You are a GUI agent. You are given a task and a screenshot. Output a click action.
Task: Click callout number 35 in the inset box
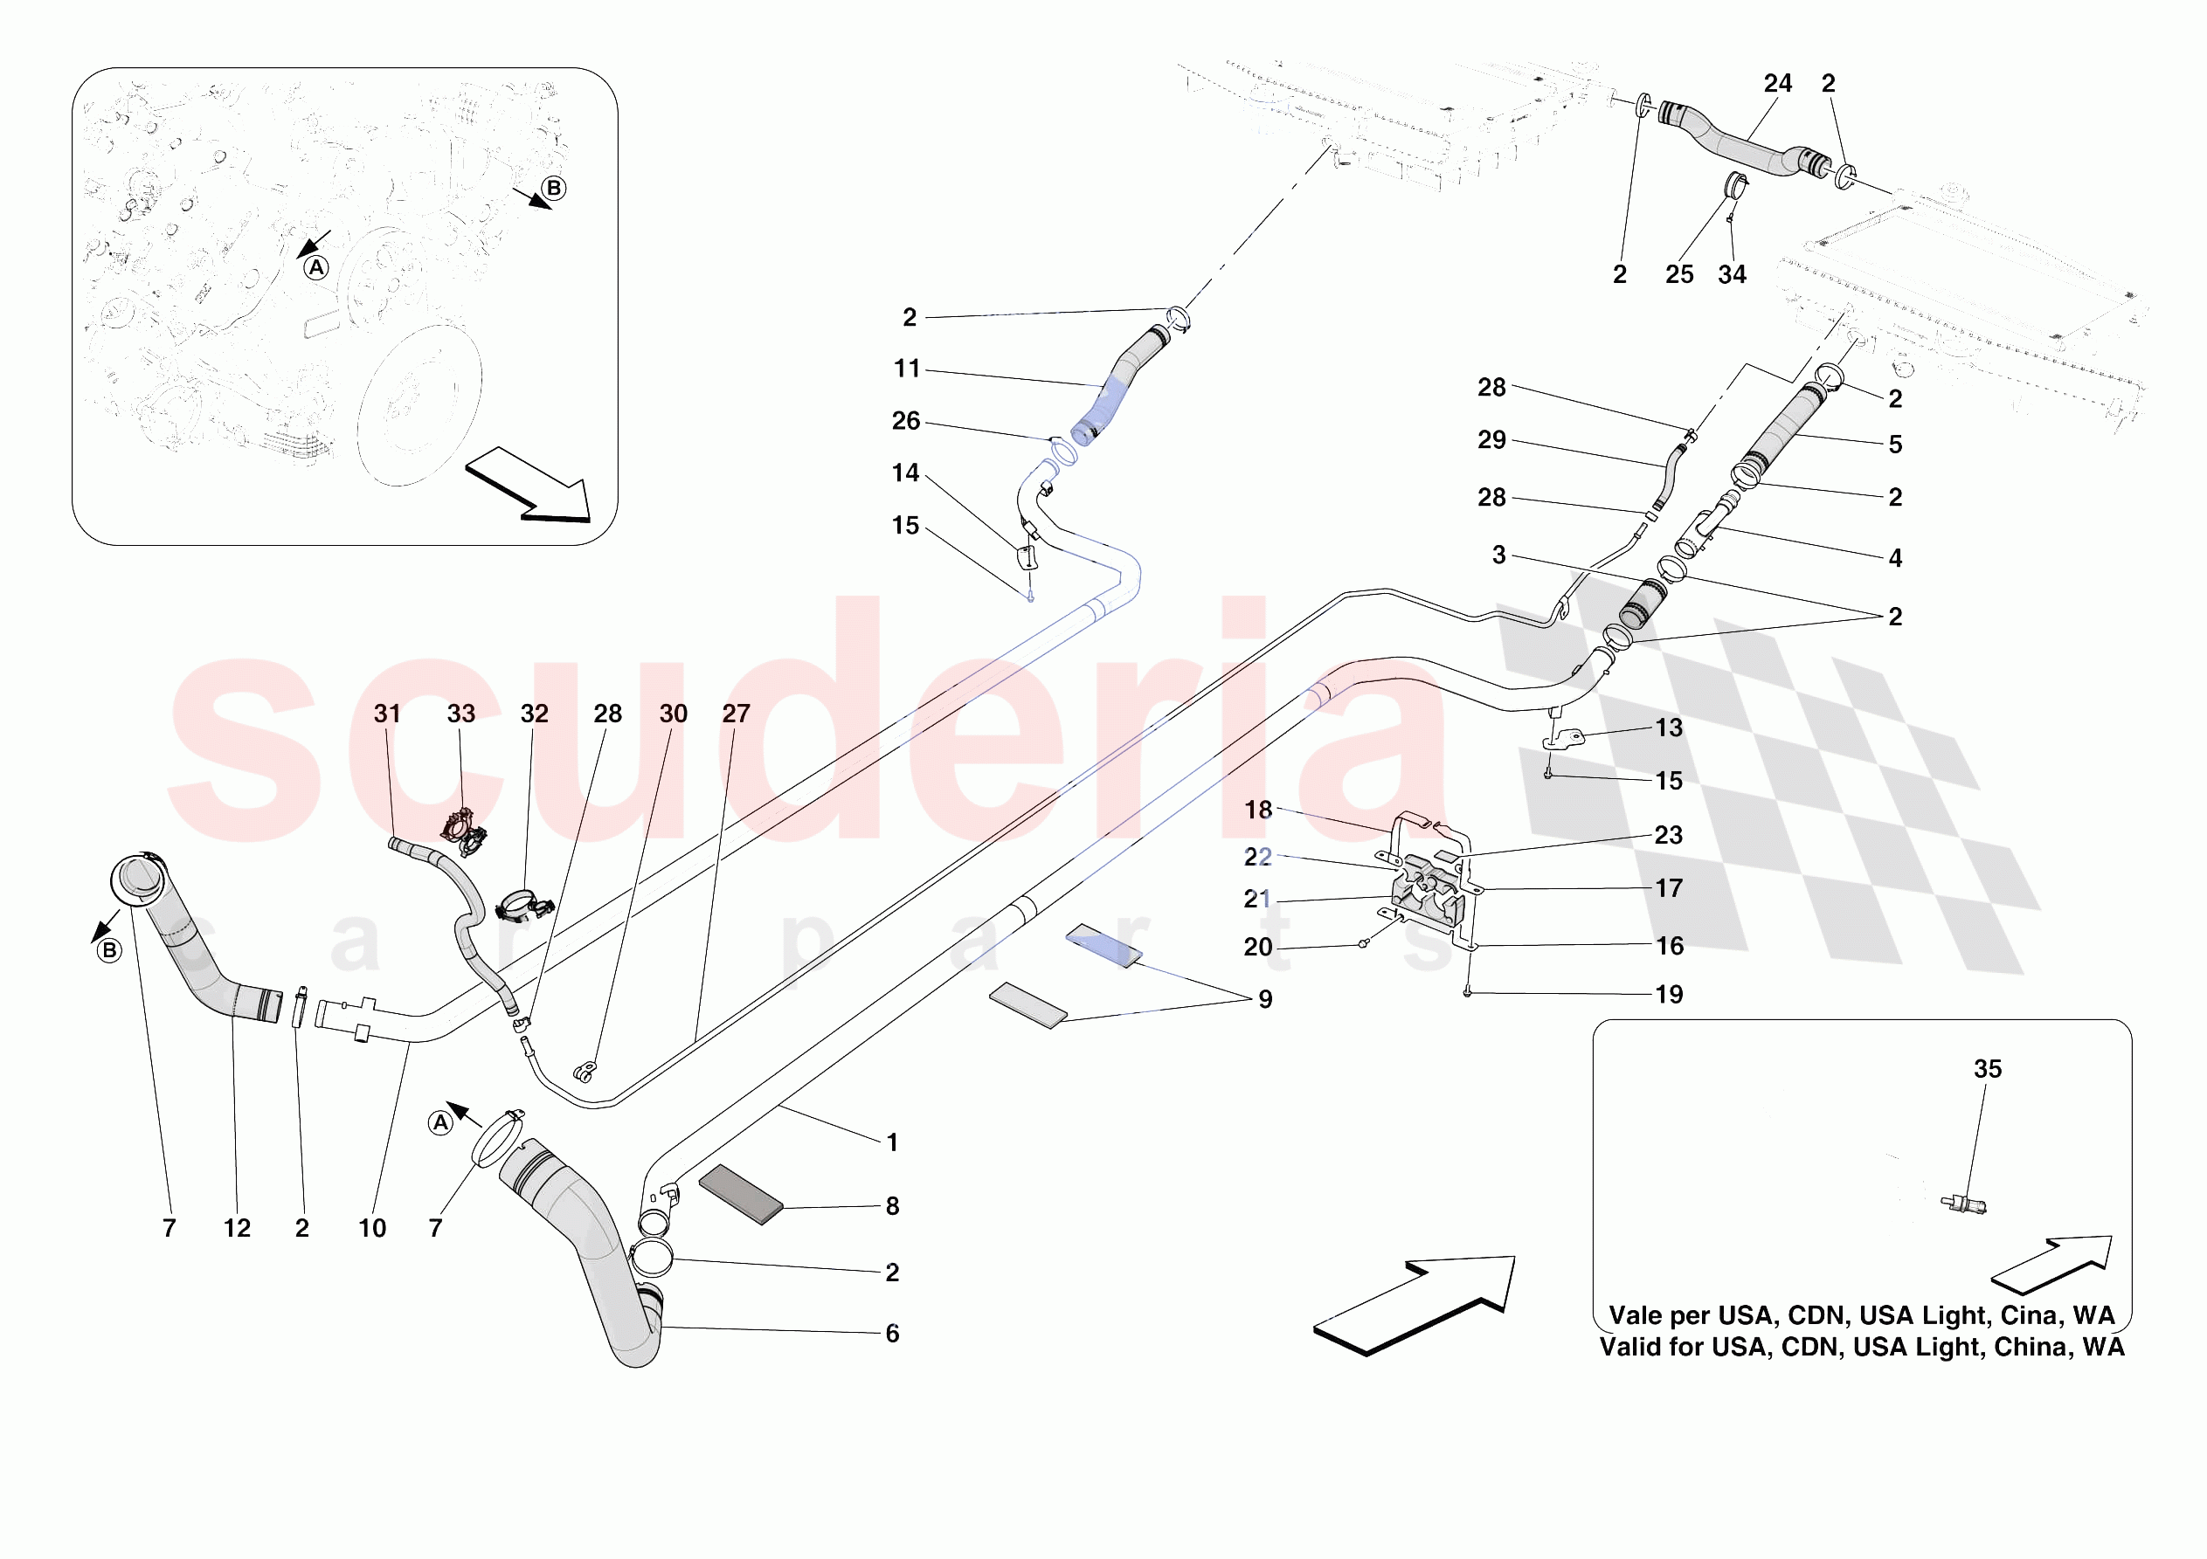click(x=1987, y=1069)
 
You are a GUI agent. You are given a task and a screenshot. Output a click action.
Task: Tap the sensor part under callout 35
click(x=1963, y=1204)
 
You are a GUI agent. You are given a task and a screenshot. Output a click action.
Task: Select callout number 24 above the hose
click(x=1777, y=84)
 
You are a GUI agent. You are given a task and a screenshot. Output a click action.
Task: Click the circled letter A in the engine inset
click(x=316, y=268)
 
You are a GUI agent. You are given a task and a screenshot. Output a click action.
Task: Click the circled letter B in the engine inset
click(x=554, y=189)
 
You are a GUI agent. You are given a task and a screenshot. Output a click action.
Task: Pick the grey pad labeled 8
click(x=740, y=1195)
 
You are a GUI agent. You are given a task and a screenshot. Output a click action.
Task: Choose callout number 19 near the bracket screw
click(x=1669, y=995)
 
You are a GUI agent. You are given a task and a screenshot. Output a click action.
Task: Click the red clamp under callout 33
click(x=464, y=831)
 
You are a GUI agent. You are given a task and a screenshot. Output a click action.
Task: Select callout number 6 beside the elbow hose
click(x=892, y=1334)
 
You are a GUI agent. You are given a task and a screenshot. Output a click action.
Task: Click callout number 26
click(x=905, y=421)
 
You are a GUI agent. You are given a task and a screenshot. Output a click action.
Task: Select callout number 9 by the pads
click(x=1265, y=1000)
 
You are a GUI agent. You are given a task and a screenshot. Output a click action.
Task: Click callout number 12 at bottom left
click(x=237, y=1228)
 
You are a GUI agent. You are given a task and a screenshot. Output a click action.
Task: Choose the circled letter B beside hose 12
click(x=109, y=950)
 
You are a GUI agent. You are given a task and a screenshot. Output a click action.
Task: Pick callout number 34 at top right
click(x=1731, y=275)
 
